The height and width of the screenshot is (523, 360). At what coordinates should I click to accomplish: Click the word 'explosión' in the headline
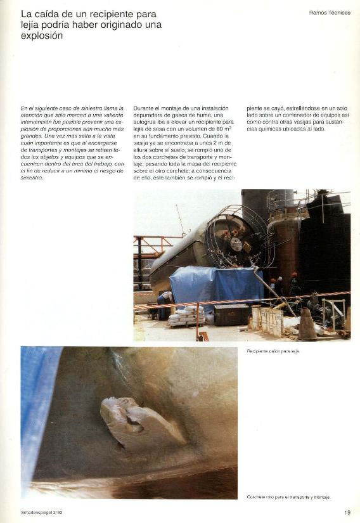(42, 36)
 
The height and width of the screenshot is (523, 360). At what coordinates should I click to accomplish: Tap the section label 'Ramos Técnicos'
(330, 12)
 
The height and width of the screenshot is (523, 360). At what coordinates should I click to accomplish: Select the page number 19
(347, 512)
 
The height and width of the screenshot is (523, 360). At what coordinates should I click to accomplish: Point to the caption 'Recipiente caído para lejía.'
(273, 351)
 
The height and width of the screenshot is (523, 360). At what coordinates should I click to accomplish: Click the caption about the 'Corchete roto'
(288, 496)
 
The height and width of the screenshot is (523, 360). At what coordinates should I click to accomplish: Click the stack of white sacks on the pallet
(185, 315)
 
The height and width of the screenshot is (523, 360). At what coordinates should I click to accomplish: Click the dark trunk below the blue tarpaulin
(231, 314)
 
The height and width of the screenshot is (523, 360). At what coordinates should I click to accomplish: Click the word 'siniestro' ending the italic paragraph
(32, 178)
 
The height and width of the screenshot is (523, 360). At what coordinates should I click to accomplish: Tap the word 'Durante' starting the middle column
(145, 108)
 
